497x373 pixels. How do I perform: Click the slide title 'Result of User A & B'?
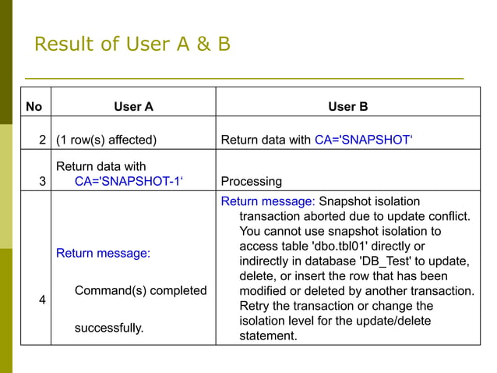pos(132,44)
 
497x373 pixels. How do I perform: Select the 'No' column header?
pos(34,106)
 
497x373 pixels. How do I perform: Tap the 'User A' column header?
pos(133,106)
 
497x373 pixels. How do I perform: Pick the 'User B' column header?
pos(348,106)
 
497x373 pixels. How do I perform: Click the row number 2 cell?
pos(42,140)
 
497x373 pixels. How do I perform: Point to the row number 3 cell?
pos(42,181)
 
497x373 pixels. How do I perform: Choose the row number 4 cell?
pos(42,299)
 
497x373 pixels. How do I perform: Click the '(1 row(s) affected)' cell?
pos(106,140)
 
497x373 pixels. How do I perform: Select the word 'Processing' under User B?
pos(252,181)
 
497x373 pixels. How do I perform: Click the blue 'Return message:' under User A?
pos(103,254)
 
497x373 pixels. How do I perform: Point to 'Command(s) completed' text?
pos(140,291)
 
